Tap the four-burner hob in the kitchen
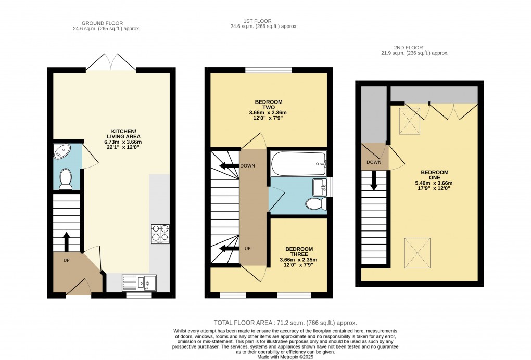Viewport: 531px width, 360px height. click(x=160, y=234)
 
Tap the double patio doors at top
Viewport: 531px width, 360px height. click(x=111, y=62)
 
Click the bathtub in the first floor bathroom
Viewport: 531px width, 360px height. click(x=298, y=164)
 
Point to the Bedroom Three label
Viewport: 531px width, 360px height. click(x=299, y=257)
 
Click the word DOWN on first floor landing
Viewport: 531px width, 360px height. click(x=248, y=166)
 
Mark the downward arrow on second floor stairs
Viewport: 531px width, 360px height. click(x=374, y=182)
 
